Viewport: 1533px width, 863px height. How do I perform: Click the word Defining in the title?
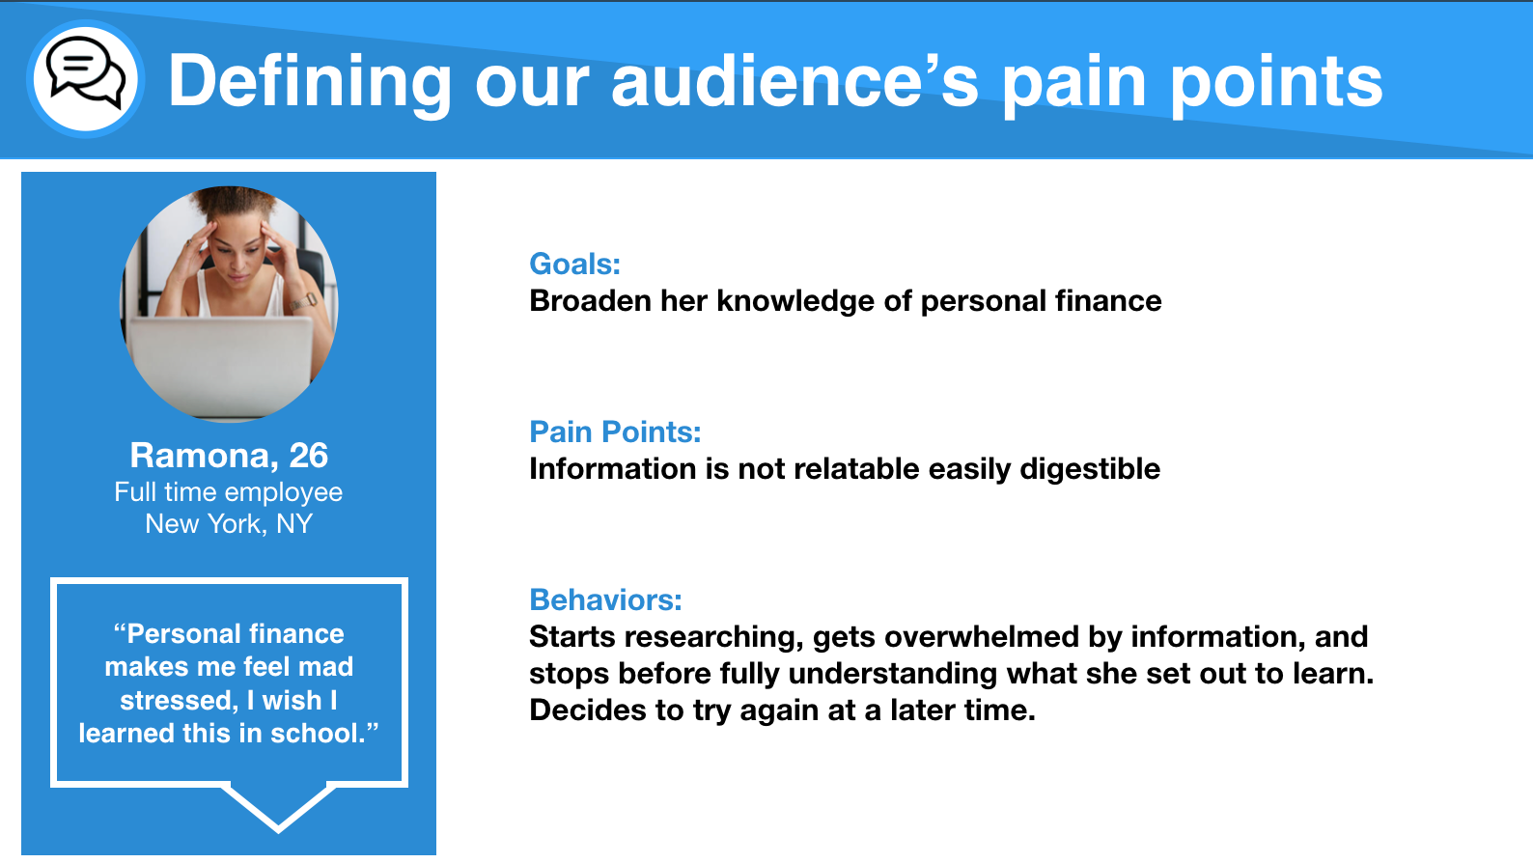click(309, 83)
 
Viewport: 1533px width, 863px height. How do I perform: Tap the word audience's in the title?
click(794, 81)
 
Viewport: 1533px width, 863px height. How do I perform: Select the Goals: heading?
click(575, 264)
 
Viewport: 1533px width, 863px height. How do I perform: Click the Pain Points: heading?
click(615, 431)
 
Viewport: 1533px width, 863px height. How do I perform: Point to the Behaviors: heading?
click(605, 600)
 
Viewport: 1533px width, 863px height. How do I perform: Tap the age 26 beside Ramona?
click(308, 456)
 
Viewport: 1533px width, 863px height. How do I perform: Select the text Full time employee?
click(229, 492)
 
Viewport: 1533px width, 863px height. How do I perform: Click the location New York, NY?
click(229, 524)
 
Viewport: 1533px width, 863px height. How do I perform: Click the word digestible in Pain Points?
click(1090, 469)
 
